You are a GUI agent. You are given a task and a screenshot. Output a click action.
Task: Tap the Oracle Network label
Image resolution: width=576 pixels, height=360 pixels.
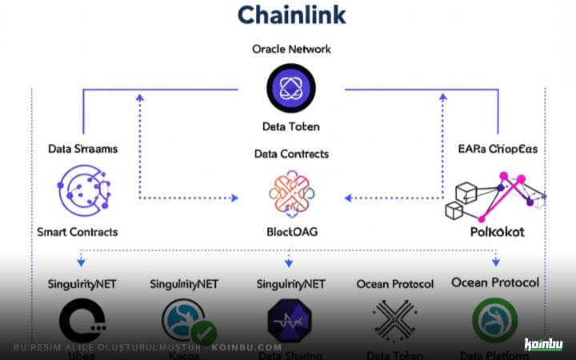291,49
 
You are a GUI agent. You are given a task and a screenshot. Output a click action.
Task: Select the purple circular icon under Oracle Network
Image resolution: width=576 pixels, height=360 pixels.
291,86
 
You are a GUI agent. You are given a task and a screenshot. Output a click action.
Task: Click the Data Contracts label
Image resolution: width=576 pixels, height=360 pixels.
291,154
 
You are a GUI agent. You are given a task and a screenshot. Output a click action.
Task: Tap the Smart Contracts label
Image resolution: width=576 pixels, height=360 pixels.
78,232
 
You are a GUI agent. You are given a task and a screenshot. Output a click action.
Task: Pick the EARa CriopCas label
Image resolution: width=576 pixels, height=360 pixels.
494,149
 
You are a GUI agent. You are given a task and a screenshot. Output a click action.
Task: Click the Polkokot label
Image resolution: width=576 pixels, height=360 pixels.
496,232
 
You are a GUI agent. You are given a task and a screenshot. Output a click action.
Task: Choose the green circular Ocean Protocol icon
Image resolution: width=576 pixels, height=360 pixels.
494,320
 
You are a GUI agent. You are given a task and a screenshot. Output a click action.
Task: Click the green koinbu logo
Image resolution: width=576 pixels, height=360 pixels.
543,345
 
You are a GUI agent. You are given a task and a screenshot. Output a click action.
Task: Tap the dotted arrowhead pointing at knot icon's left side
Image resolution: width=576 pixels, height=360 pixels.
236,197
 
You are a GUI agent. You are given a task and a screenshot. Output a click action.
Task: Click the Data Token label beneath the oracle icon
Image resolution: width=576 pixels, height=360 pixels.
291,126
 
